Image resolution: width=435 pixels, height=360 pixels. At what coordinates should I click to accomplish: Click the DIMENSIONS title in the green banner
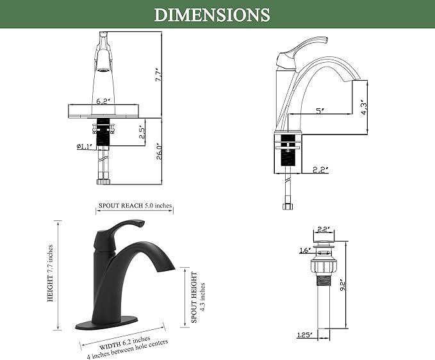click(212, 15)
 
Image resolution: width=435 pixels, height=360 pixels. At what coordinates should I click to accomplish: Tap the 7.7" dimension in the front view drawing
click(158, 74)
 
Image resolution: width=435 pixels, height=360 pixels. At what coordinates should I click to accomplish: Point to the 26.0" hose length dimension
click(160, 151)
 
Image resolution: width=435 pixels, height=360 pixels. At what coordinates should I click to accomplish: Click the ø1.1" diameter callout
click(84, 146)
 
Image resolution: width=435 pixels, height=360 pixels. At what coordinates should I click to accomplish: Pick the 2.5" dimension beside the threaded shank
click(142, 133)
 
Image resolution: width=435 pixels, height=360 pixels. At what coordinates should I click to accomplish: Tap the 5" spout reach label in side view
click(320, 111)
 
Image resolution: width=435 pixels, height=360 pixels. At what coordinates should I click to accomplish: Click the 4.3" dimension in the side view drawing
click(365, 108)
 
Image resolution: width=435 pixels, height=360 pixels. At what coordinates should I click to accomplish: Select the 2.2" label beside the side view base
click(320, 170)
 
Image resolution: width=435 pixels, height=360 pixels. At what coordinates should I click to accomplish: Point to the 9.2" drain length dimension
click(343, 285)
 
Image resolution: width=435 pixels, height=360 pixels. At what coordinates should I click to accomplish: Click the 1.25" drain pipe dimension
click(304, 335)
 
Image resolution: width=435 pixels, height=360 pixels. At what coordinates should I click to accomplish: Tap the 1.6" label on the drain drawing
click(305, 250)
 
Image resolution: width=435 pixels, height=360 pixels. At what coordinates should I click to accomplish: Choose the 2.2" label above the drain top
click(324, 229)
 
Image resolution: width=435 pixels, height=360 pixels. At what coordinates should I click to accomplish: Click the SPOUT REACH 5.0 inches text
click(135, 206)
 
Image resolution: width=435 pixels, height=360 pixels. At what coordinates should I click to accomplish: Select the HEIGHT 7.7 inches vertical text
click(50, 273)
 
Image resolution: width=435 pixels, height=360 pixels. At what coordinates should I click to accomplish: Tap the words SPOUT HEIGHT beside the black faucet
click(194, 297)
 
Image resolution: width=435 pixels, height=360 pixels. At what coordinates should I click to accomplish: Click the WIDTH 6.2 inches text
click(125, 343)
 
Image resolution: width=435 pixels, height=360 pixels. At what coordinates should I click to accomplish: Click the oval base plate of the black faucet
click(107, 323)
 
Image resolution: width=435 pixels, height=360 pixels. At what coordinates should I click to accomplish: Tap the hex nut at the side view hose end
click(286, 206)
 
